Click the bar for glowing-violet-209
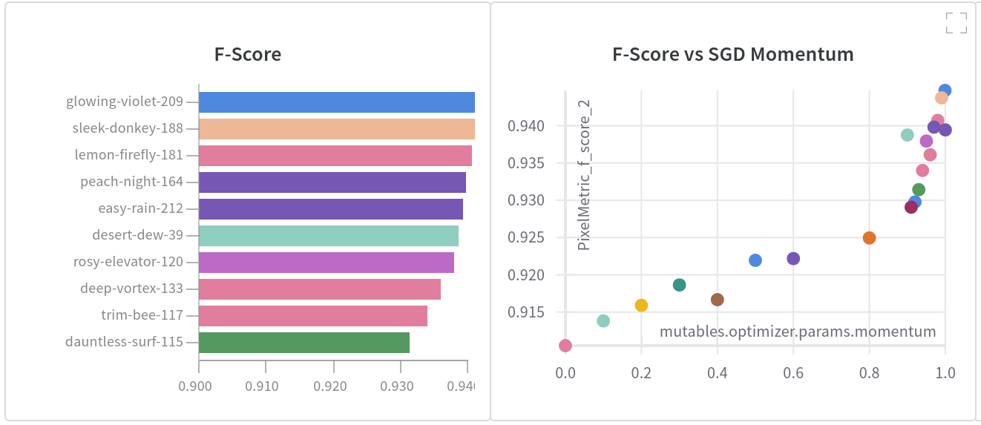(336, 102)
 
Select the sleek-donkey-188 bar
(336, 129)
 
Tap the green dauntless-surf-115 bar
(304, 343)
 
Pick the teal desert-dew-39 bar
(328, 236)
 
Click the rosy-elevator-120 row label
(128, 262)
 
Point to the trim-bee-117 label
(142, 315)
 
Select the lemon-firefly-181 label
(128, 155)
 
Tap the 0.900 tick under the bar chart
(199, 386)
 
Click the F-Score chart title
(248, 54)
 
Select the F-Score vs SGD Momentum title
(732, 54)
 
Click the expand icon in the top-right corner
(957, 23)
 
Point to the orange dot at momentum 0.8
(869, 238)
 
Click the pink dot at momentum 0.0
(565, 346)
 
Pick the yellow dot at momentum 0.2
(641, 306)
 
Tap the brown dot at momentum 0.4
(717, 300)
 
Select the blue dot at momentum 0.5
(755, 260)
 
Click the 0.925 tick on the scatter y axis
(528, 238)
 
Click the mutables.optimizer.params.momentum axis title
(798, 332)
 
